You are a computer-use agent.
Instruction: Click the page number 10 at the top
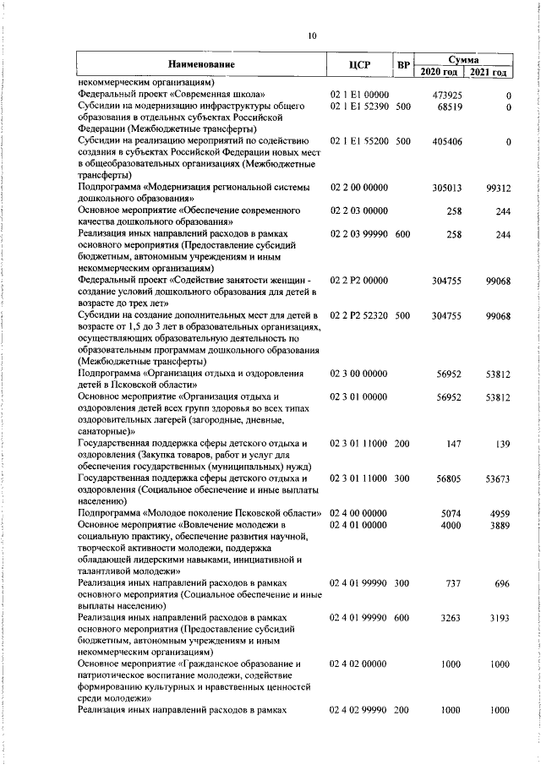(x=312, y=36)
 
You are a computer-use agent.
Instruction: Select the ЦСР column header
(x=360, y=64)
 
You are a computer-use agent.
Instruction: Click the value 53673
(x=497, y=478)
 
